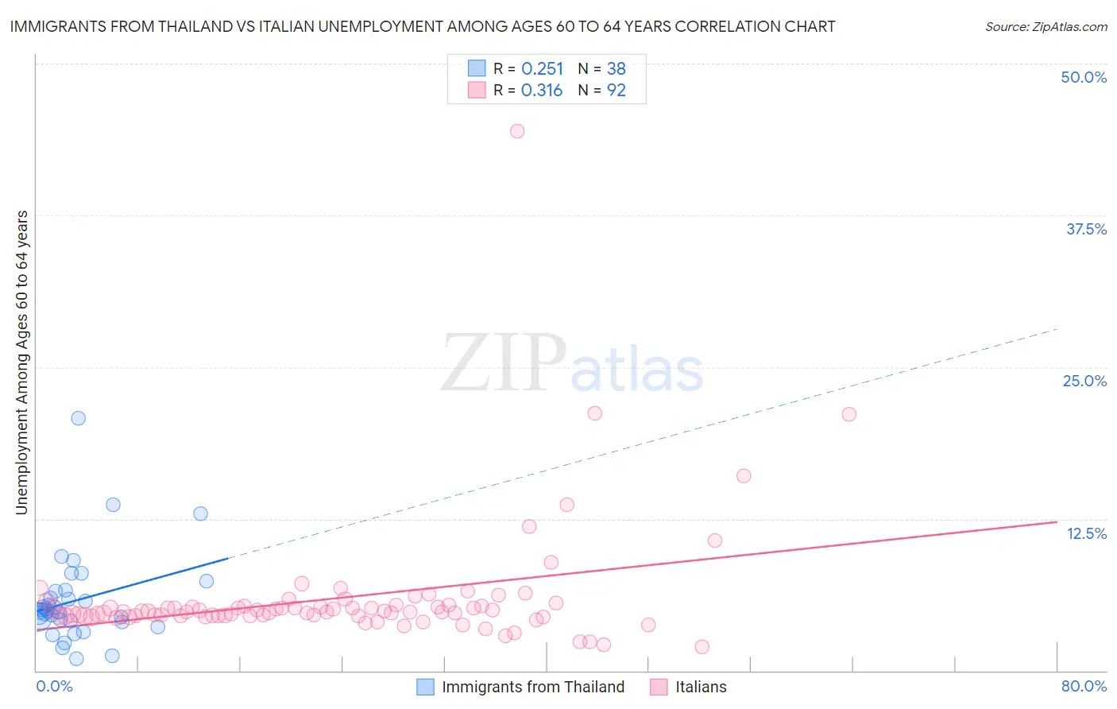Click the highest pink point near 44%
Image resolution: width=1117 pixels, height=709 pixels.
[517, 131]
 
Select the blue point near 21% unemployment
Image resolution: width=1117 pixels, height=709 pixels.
[78, 418]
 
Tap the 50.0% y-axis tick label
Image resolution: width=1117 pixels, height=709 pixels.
[1084, 77]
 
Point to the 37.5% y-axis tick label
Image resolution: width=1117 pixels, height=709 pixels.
[1086, 229]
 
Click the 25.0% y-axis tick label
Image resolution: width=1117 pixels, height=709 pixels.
[1084, 381]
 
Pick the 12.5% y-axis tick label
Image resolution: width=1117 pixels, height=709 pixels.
[1086, 533]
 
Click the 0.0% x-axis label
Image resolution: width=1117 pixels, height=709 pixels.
[54, 686]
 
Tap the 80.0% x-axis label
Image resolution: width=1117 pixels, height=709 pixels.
[1084, 686]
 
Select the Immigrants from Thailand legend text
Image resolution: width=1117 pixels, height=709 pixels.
[533, 687]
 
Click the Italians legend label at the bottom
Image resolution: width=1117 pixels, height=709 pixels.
[701, 687]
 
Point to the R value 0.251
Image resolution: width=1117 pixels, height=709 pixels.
[542, 69]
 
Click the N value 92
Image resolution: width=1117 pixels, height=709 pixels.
[616, 91]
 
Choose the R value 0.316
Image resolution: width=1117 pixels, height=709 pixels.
[542, 91]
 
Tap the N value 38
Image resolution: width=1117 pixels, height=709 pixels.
[616, 69]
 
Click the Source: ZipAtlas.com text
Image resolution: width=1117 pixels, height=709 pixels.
[1045, 27]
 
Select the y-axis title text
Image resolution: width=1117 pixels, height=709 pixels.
[22, 362]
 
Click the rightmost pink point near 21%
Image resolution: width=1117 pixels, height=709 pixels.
[848, 414]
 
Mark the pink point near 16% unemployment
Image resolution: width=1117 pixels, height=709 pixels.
[744, 476]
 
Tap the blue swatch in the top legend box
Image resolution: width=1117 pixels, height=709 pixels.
[476, 68]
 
